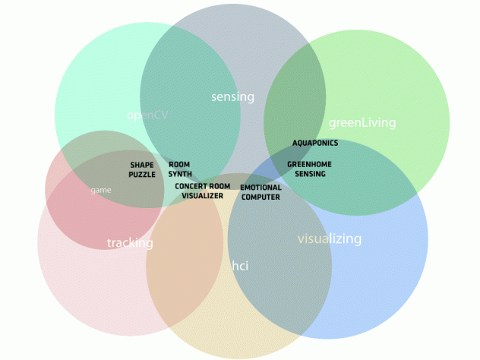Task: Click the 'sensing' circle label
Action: point(232,97)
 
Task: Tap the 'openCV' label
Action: point(147,115)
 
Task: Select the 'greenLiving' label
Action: point(362,122)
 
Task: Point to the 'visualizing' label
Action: point(330,238)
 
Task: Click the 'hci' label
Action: point(240,265)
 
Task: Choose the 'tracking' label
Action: point(130,243)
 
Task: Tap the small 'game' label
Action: point(101,190)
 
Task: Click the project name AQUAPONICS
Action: point(315,143)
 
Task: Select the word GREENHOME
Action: point(309,164)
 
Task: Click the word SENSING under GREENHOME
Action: point(310,174)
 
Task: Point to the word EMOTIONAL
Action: point(261,188)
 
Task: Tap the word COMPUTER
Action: point(261,197)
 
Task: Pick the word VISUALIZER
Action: point(202,196)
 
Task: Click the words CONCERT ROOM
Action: point(202,186)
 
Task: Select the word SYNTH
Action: point(180,174)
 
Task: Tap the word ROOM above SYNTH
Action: point(179,164)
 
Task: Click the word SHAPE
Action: point(142,165)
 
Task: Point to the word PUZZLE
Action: point(142,175)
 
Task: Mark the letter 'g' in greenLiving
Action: point(332,124)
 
